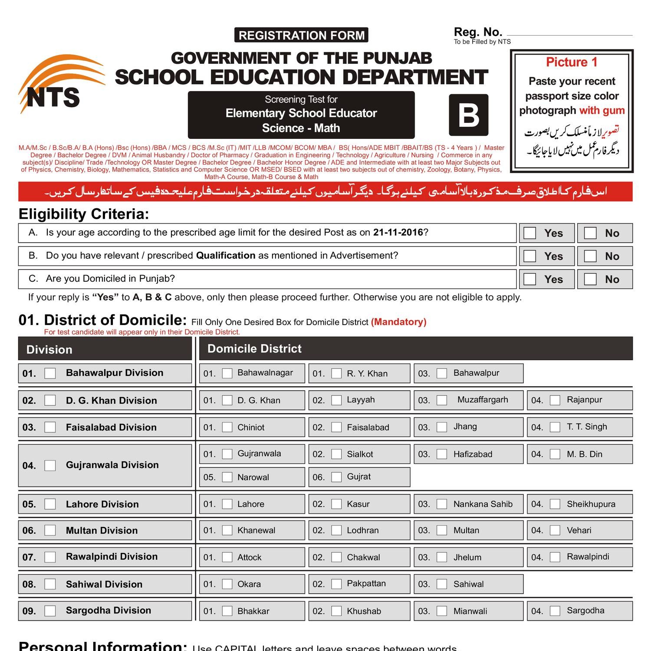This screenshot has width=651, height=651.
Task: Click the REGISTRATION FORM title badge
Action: pos(301,35)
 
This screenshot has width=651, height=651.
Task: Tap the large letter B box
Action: pos(468,115)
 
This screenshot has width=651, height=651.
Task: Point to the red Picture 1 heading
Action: pos(572,62)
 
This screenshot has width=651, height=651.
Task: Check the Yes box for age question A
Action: pos(530,233)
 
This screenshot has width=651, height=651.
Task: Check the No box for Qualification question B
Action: pos(590,256)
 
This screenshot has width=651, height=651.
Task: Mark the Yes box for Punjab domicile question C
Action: pos(530,279)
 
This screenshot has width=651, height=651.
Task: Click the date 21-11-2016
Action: pos(398,233)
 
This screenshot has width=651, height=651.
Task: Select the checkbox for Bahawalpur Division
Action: pos(50,373)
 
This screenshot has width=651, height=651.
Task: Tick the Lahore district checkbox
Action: pos(227,504)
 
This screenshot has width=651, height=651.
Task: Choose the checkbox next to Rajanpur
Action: pos(555,400)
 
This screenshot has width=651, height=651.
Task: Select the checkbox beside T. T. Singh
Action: pos(555,427)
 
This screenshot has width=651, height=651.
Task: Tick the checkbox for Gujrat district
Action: pos(336,477)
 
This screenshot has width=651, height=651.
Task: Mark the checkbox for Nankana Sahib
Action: pos(442,504)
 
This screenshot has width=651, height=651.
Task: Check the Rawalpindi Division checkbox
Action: pos(50,557)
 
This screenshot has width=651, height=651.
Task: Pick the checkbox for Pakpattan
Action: pos(336,584)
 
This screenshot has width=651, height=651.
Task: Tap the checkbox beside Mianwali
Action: pos(442,611)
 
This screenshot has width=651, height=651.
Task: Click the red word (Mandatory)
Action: pos(398,322)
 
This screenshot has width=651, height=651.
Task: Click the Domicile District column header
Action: pos(254,349)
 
